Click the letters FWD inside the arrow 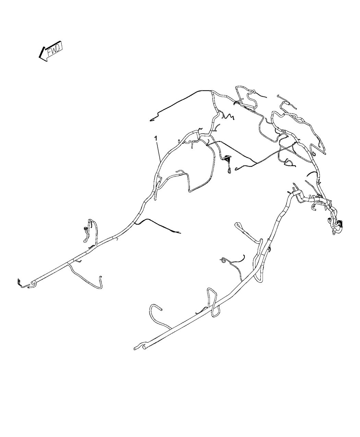(x=55, y=50)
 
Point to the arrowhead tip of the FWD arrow (x=39, y=57)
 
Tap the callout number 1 (x=155, y=138)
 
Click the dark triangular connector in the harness (x=227, y=159)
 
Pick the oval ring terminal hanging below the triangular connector (x=229, y=171)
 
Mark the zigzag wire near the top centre (x=228, y=116)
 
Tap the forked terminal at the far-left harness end (x=20, y=282)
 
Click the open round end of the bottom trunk (x=144, y=347)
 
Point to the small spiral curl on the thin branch (x=223, y=260)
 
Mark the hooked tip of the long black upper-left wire (x=152, y=120)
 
